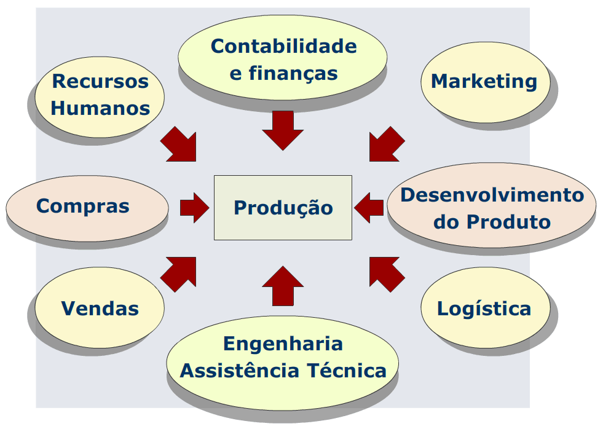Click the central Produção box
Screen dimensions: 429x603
coord(283,207)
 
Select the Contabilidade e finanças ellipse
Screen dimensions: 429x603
coord(283,59)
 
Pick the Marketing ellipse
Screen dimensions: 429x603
coord(484,81)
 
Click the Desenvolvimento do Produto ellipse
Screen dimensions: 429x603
coord(492,207)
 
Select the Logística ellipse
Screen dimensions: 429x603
coord(484,308)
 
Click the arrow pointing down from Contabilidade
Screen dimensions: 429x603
coord(283,130)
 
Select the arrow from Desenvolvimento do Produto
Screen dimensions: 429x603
coord(369,207)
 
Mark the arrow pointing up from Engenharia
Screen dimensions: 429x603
coord(283,286)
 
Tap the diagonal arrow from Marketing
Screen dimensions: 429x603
coord(386,144)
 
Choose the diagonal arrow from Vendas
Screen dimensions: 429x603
coord(179,273)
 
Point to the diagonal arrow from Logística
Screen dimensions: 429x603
coord(386,273)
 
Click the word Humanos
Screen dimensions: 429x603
coord(100,108)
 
